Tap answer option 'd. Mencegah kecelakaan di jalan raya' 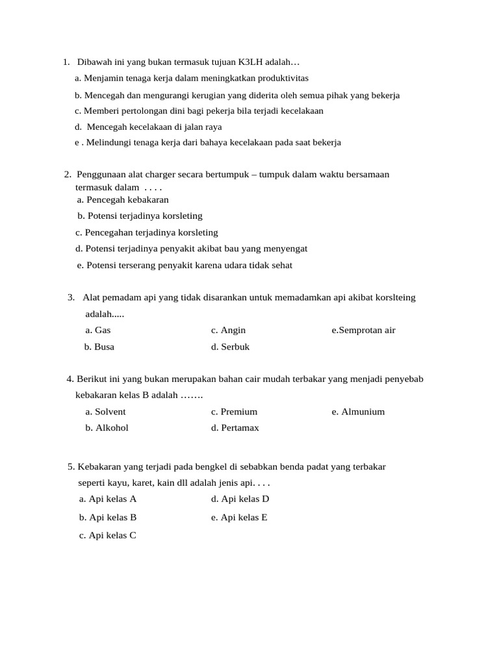coord(148,127)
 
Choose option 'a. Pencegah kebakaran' coord(123,200)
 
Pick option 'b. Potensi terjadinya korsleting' coord(140,216)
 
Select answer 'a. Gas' coord(98,330)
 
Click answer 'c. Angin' coord(228,330)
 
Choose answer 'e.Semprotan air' coord(363,330)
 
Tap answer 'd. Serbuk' coord(230,347)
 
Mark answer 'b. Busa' coord(99,347)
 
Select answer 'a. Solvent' coord(105,412)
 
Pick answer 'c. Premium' coord(234,412)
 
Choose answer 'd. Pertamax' coord(235,427)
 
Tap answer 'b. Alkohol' coord(107,427)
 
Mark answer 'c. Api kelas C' coord(108,536)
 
